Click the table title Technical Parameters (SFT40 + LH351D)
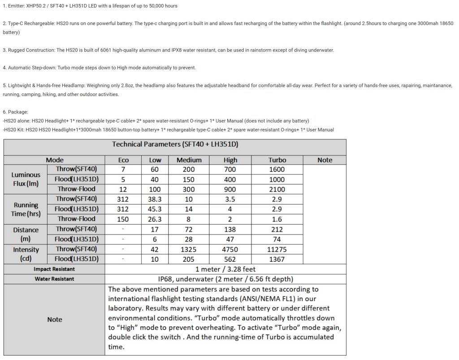(x=175, y=144)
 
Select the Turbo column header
(x=277, y=160)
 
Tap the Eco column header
(x=123, y=160)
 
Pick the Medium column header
(x=189, y=160)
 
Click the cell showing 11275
(x=277, y=249)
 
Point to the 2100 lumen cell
(x=277, y=189)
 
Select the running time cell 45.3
(x=155, y=209)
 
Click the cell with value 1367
(x=277, y=259)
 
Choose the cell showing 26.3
(x=155, y=219)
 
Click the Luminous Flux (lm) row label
(x=26, y=179)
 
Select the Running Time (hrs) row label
(x=26, y=209)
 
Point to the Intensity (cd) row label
(x=26, y=254)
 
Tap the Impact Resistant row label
(x=54, y=269)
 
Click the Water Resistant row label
(x=54, y=279)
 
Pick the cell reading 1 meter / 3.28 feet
(x=225, y=269)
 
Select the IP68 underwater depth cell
(x=225, y=279)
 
